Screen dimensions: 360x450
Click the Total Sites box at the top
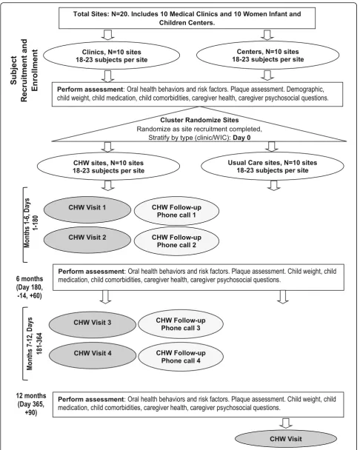187,18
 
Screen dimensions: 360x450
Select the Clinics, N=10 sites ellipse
111,56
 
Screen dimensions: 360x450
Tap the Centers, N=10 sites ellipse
267,56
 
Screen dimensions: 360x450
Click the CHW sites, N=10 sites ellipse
108,167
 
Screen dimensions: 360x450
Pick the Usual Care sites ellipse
273,167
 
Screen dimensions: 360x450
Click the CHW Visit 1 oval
87,209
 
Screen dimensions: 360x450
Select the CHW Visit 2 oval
87,240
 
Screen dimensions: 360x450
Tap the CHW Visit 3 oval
93,325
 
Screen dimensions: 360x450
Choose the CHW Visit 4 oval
93,355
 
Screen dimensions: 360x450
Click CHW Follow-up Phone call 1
176,211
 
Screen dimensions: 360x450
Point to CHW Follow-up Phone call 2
176,241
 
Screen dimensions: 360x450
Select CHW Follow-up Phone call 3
181,324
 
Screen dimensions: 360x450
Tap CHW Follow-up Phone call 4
181,357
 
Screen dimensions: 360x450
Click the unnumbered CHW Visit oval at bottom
286,439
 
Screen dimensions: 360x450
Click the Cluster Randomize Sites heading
199,120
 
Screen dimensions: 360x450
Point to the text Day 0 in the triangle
241,138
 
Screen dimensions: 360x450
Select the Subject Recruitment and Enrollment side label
24,70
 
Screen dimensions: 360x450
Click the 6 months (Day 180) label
30,287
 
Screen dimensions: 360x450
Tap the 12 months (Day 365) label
31,404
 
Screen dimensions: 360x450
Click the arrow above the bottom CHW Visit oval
286,423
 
